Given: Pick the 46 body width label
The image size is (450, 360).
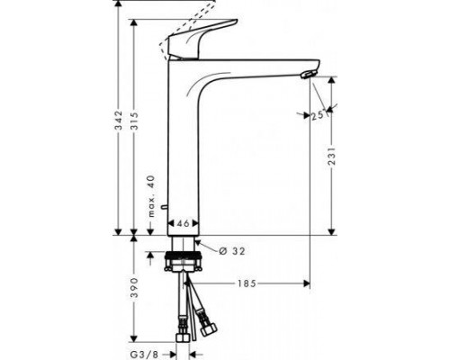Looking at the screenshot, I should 183,223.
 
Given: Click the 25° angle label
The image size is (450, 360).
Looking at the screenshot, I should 318,116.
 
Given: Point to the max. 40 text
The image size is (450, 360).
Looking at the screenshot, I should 153,197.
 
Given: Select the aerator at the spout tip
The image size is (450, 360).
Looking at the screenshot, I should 310,75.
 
